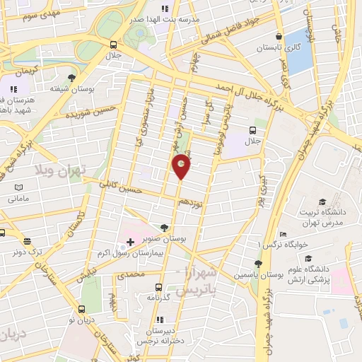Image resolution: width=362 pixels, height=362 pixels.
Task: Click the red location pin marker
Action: pos(182,166)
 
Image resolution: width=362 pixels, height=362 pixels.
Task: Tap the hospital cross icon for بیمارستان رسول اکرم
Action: pos(130,242)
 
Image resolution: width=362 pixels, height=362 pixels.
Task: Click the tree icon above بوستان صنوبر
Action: pos(164,228)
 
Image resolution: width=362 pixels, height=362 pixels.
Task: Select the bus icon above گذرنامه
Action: pos(158,288)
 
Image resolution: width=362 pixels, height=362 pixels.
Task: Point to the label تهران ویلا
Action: pos(59,170)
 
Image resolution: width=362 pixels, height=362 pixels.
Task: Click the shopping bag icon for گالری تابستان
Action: pos(281,36)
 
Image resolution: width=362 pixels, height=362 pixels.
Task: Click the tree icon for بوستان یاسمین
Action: pos(258,264)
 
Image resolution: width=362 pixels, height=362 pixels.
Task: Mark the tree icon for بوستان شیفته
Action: pos(71,78)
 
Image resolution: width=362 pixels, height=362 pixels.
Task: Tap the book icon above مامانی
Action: pos(19,187)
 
